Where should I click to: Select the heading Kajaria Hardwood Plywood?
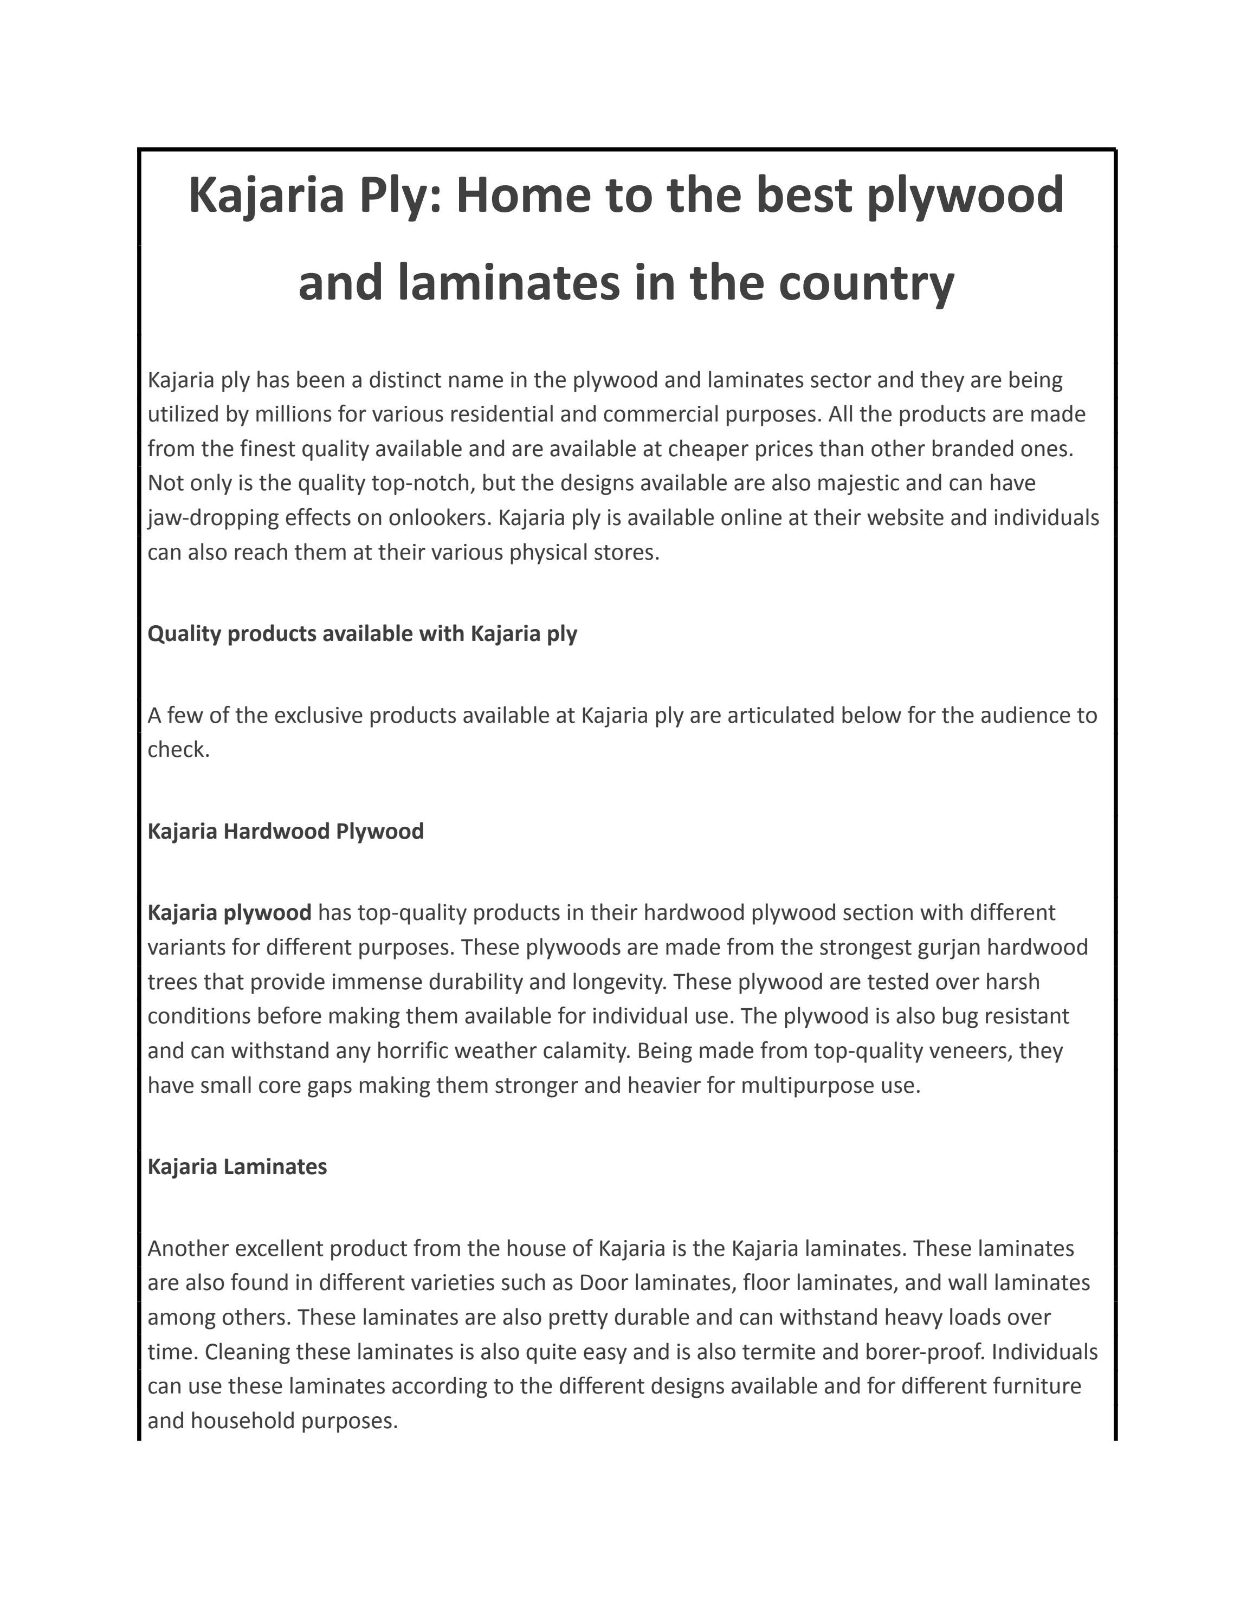(x=286, y=831)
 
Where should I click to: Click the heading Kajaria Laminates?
(x=237, y=1167)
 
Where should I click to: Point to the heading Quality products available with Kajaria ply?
(x=362, y=634)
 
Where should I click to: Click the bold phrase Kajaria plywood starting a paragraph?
(x=229, y=912)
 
